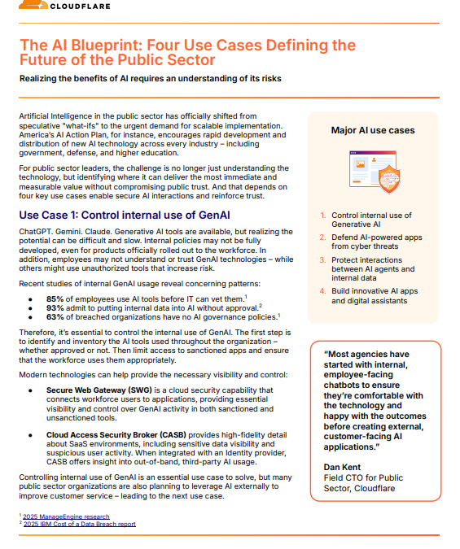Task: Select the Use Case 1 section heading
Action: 124,216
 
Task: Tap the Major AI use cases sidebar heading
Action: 373,130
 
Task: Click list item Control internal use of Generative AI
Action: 370,220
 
